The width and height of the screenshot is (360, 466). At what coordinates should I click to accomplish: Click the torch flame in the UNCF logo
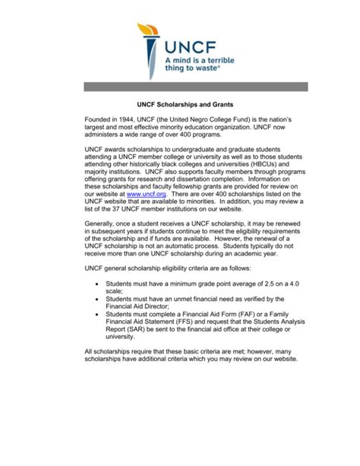(x=144, y=33)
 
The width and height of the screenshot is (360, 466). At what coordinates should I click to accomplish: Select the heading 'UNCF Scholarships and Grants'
(x=179, y=102)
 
